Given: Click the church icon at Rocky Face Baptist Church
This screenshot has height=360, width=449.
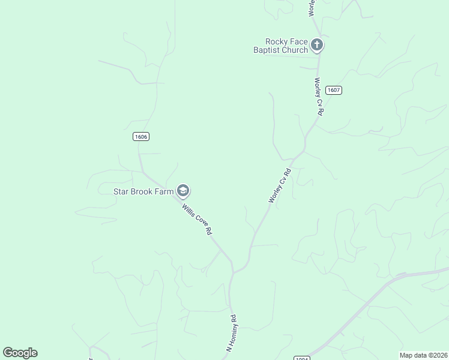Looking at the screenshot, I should [x=317, y=44].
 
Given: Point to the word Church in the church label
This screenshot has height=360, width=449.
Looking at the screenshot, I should [x=295, y=50].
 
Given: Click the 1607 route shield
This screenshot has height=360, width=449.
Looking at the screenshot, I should [x=334, y=90].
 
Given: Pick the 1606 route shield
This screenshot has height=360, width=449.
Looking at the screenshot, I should [x=140, y=137].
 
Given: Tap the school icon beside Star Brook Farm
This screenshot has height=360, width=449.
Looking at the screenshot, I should [x=183, y=191].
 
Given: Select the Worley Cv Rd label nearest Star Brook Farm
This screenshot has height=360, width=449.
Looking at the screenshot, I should [x=280, y=185].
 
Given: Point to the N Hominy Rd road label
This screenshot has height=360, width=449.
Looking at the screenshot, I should [x=232, y=332].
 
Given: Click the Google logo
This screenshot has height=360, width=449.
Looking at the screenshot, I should [x=20, y=353].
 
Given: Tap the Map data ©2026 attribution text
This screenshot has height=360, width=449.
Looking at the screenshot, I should [x=423, y=355].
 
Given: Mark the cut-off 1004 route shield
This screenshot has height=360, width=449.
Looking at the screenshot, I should [x=302, y=358].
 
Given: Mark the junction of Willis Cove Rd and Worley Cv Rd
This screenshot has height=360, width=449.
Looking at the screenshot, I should [x=233, y=272].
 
